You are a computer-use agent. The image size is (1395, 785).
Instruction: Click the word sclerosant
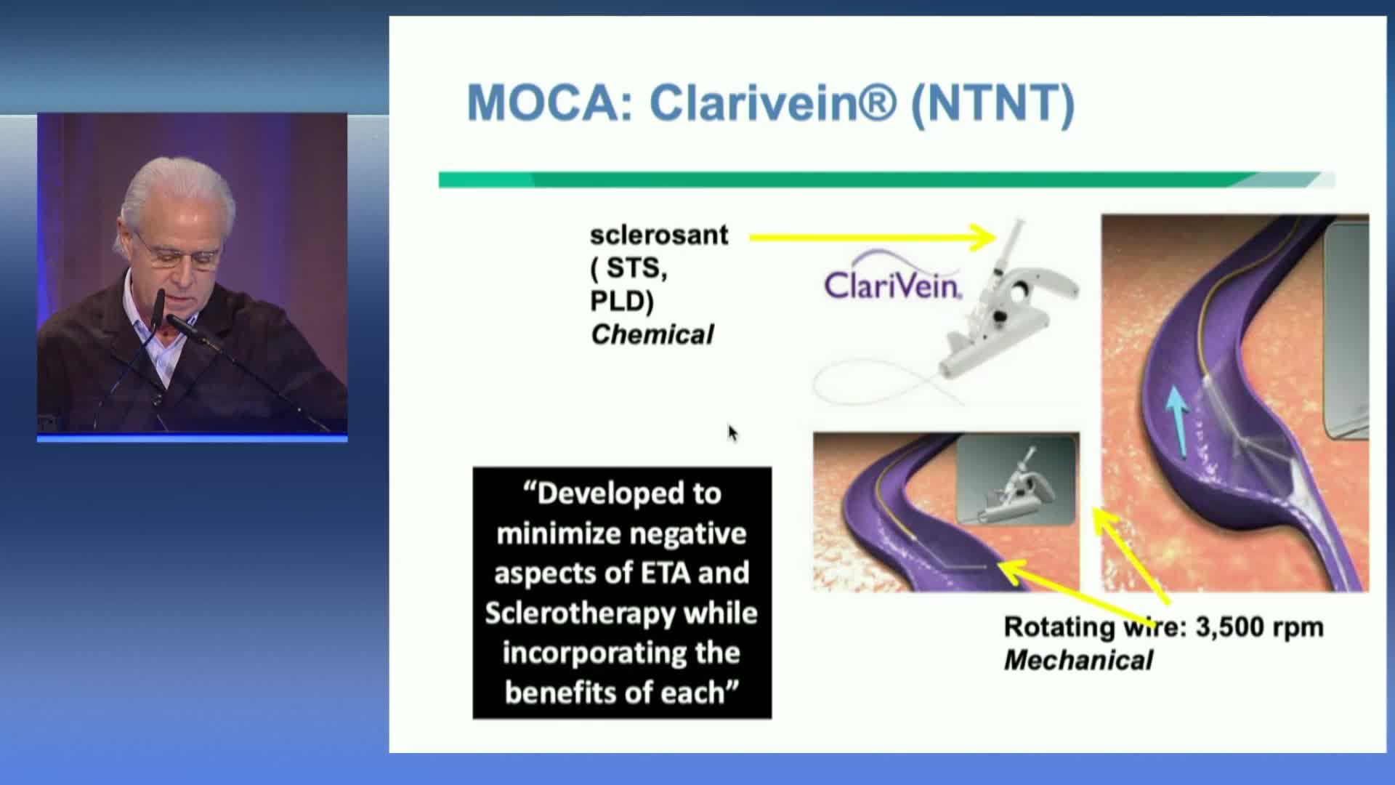pyautogui.click(x=658, y=235)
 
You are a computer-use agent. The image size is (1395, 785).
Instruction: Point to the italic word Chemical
pyautogui.click(x=652, y=334)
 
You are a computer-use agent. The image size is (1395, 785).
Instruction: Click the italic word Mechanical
pyautogui.click(x=1078, y=660)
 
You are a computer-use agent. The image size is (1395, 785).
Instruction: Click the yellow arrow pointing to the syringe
pyautogui.click(x=872, y=237)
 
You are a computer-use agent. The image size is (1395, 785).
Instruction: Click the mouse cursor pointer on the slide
pyautogui.click(x=732, y=433)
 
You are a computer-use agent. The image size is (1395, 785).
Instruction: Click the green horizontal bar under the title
pyautogui.click(x=886, y=180)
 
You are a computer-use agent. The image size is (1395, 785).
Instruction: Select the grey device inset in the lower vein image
pyautogui.click(x=1016, y=480)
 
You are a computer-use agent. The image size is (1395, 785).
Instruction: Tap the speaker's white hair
pyautogui.click(x=178, y=193)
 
